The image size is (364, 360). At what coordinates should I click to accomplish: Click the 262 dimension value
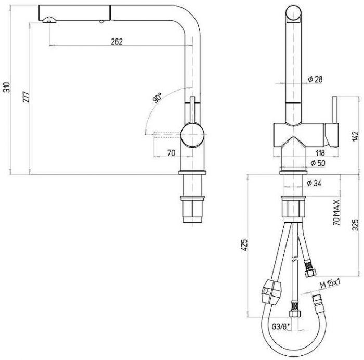(x=116, y=42)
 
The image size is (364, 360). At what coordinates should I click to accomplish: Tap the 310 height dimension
(x=7, y=87)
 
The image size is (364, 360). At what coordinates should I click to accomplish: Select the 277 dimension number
(x=26, y=97)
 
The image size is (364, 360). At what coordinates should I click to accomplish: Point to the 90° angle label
(x=157, y=98)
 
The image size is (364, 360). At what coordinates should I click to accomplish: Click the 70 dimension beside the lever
(x=171, y=153)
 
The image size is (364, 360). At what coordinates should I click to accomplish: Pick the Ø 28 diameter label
(x=315, y=79)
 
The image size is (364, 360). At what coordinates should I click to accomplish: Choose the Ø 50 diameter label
(x=318, y=163)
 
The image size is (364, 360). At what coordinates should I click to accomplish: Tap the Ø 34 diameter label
(x=314, y=183)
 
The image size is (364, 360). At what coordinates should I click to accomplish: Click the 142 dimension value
(x=355, y=137)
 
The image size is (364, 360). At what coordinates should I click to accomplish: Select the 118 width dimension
(x=320, y=153)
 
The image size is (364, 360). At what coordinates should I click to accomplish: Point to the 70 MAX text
(x=336, y=212)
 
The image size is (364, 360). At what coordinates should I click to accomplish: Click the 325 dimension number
(x=355, y=225)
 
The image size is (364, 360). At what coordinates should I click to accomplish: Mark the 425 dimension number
(x=245, y=245)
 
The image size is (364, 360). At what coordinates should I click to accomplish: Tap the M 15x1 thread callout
(x=330, y=284)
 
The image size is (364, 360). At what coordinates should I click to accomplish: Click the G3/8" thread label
(x=281, y=327)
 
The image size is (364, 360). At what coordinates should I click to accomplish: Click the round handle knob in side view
(x=192, y=135)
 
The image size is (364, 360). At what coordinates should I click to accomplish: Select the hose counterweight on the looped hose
(x=271, y=292)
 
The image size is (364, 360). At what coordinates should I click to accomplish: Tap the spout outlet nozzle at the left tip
(x=49, y=20)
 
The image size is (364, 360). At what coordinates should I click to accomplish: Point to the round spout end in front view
(x=294, y=13)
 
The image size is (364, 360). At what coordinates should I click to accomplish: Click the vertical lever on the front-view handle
(x=335, y=110)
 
